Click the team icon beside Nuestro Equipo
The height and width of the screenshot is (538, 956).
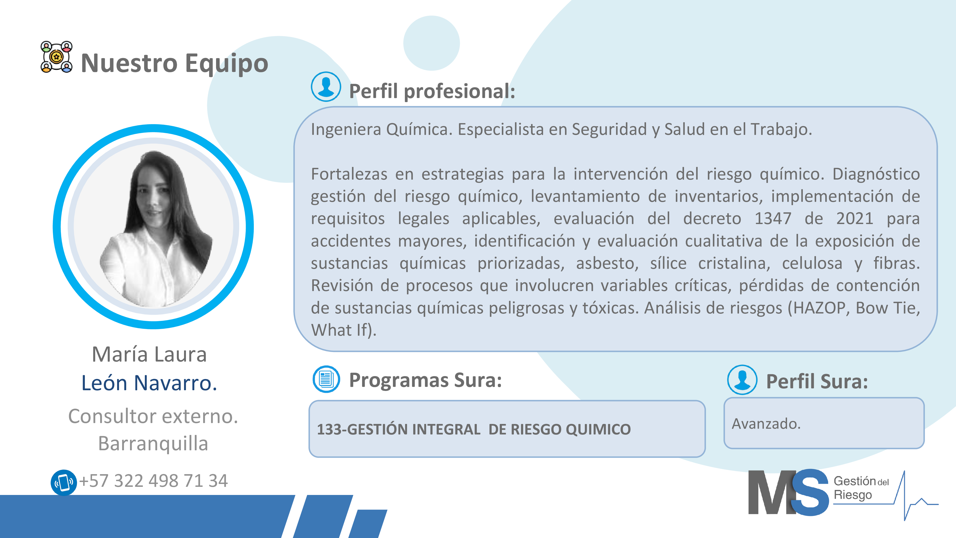(56, 57)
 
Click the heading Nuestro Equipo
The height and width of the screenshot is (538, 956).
(174, 63)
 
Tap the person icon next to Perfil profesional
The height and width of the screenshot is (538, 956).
(326, 87)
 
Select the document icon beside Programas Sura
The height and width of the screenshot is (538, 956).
(326, 379)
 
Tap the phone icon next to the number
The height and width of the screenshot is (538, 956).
(64, 482)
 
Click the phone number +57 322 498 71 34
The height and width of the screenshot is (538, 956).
(153, 481)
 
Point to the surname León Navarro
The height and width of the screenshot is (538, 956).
(149, 383)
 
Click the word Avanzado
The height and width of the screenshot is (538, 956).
(766, 424)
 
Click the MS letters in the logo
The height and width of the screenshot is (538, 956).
(788, 492)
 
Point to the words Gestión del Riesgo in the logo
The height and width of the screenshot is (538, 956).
(861, 488)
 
